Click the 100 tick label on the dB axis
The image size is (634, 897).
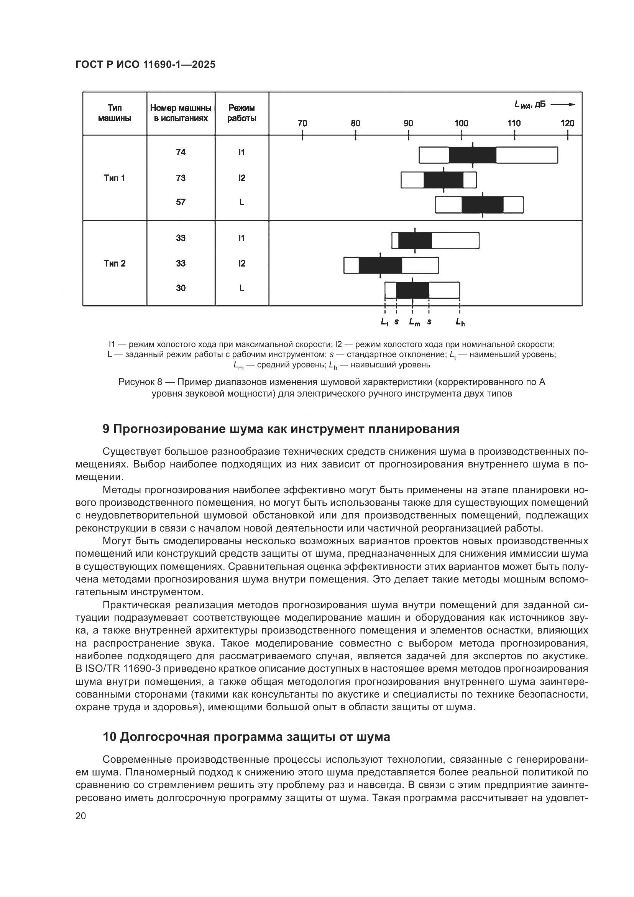point(461,123)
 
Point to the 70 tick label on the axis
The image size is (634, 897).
point(302,123)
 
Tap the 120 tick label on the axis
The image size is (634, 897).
point(567,123)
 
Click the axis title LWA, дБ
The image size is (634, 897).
point(530,105)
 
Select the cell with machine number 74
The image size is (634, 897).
point(181,152)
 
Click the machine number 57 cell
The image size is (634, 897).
point(181,202)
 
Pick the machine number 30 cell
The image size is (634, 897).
point(181,288)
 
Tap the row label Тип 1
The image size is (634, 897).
point(114,178)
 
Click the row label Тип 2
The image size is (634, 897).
point(114,264)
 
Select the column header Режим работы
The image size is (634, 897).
point(241,113)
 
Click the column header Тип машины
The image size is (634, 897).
point(114,113)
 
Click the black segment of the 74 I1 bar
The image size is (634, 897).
point(472,155)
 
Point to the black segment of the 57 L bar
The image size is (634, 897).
point(483,205)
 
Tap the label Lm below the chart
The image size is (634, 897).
point(414,322)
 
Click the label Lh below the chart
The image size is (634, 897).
point(460,322)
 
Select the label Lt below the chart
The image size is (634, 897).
point(384,322)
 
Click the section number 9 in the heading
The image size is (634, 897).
point(106,430)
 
